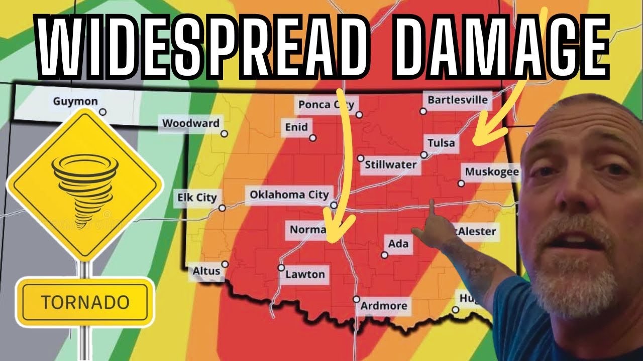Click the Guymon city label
click(75, 101)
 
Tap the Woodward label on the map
click(190, 123)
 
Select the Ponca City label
click(326, 104)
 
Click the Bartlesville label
click(457, 100)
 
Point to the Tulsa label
click(441, 143)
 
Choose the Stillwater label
click(390, 164)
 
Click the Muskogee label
click(491, 172)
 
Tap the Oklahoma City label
click(289, 194)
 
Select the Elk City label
click(196, 198)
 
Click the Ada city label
click(398, 244)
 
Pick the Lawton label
click(305, 274)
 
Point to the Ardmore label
click(384, 305)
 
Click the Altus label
click(206, 271)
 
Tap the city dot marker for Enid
click(312, 137)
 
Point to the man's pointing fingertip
click(432, 202)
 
